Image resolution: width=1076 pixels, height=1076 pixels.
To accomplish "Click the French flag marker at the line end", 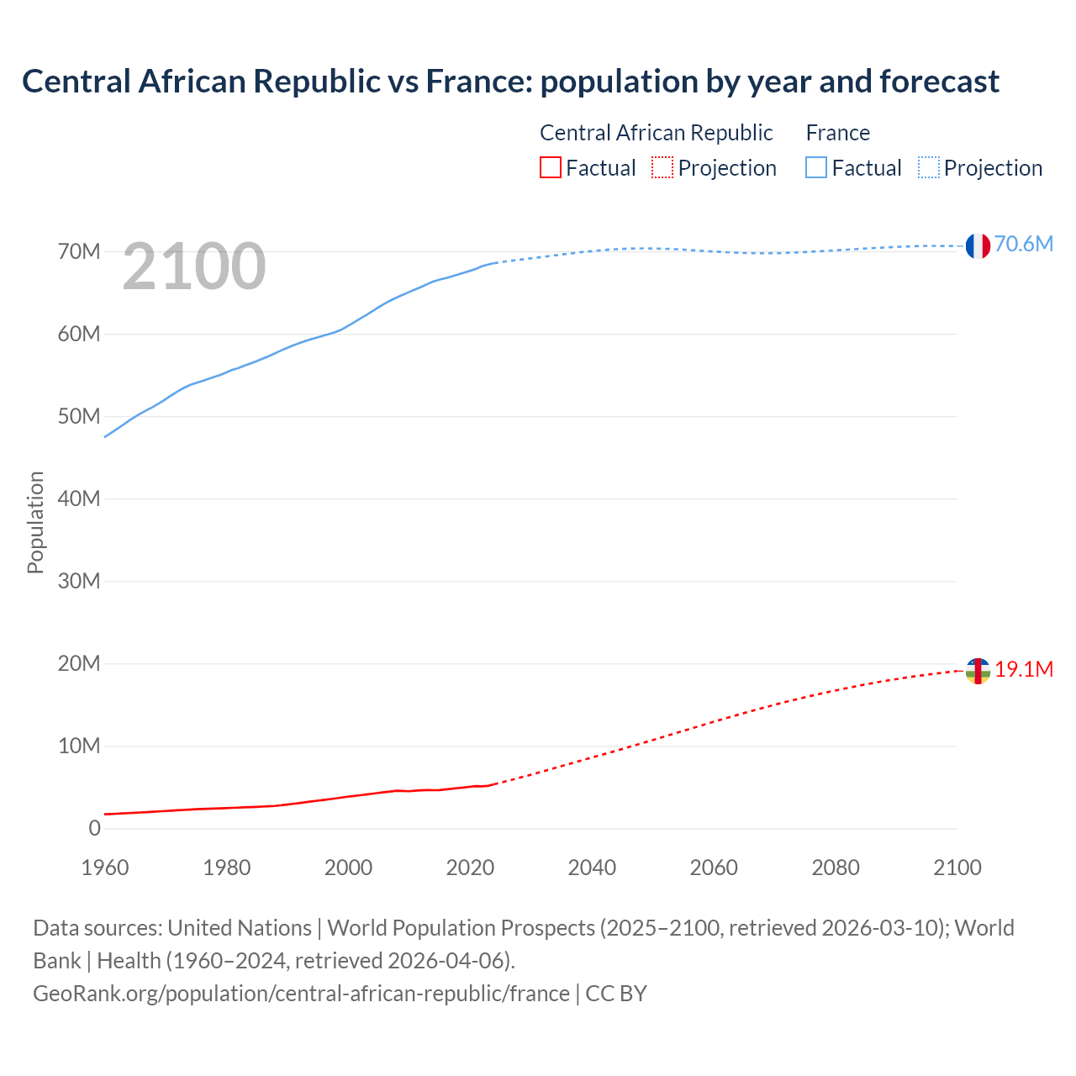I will click(978, 246).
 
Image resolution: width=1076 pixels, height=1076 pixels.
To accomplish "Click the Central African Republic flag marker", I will click(978, 671).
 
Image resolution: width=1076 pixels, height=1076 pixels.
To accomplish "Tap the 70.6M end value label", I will click(1023, 244).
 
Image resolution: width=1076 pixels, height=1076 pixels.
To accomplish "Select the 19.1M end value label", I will click(1024, 669).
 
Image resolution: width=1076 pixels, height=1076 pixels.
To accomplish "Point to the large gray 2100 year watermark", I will click(194, 266).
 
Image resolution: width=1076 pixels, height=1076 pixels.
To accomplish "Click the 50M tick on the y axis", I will click(79, 416).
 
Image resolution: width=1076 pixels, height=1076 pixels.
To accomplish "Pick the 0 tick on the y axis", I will click(94, 828).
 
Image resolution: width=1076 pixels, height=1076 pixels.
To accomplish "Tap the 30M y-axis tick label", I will click(79, 581).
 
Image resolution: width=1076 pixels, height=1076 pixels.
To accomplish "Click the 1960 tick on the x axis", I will click(105, 868).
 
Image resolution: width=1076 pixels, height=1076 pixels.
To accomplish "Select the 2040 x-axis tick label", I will click(592, 868).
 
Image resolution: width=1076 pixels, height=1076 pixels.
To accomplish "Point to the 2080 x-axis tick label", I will click(836, 868).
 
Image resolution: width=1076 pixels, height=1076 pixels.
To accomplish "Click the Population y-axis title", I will click(35, 522).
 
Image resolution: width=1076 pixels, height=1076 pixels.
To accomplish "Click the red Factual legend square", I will click(550, 167).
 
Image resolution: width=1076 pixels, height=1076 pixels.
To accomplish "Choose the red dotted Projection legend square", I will click(662, 167).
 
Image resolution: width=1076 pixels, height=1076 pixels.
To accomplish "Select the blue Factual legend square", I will click(816, 167).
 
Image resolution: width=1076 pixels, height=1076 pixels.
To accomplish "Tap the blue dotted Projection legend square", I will click(929, 167).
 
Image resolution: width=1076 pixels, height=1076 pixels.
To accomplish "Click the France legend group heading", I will click(837, 133).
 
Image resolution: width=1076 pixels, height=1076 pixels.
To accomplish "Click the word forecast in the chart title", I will click(939, 82).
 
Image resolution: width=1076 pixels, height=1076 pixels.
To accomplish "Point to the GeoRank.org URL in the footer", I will click(301, 993).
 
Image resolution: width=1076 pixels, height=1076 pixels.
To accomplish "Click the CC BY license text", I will click(616, 993).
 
